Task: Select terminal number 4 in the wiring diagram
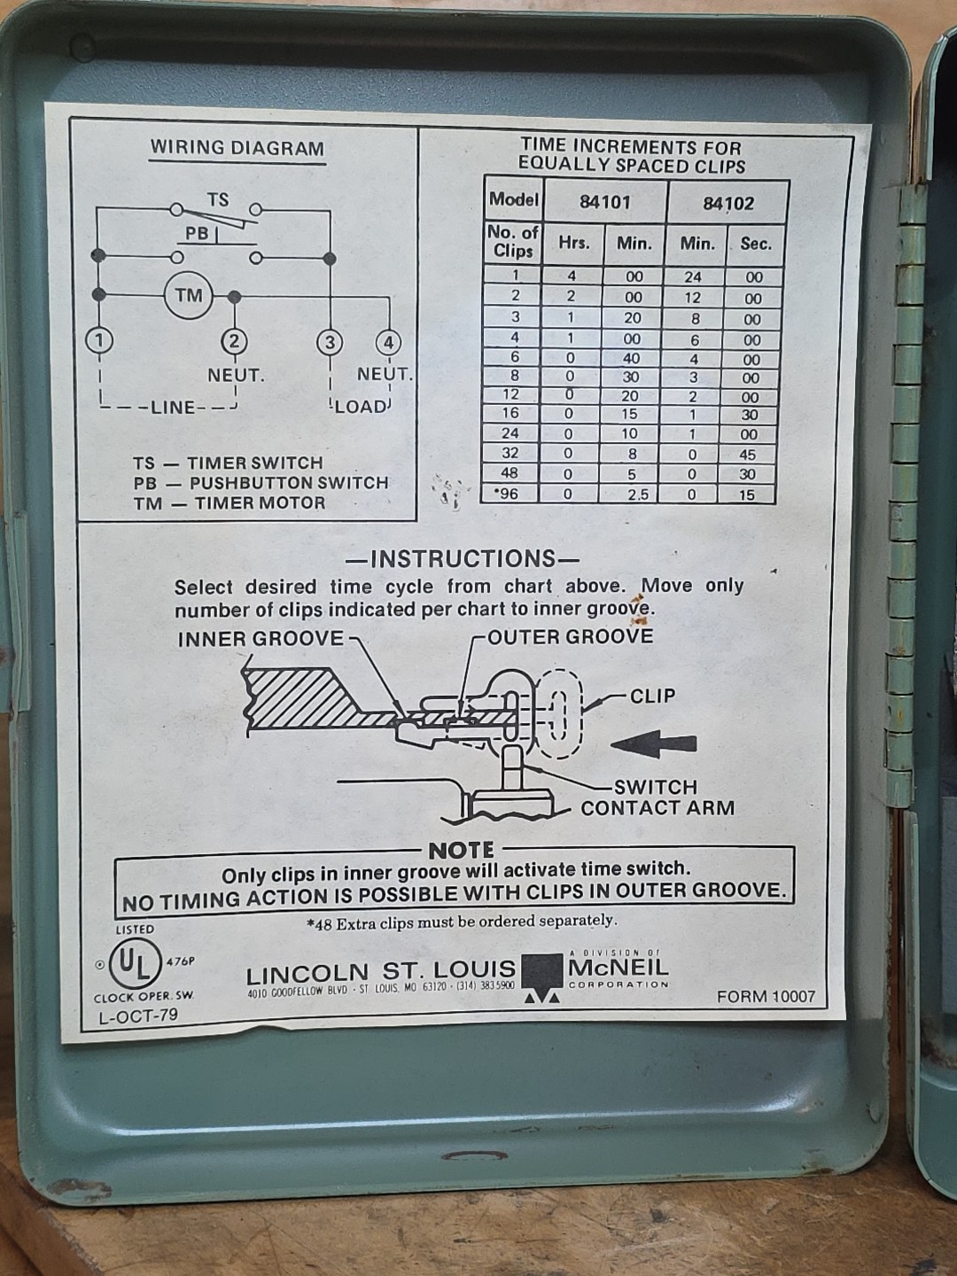pyautogui.click(x=388, y=343)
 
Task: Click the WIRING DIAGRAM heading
pyautogui.click(x=237, y=148)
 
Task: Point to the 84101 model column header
pyautogui.click(x=605, y=202)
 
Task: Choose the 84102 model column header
pyautogui.click(x=728, y=204)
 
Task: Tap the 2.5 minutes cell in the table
pyautogui.click(x=637, y=494)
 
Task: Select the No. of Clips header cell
pyautogui.click(x=512, y=242)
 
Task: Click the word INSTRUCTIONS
pyautogui.click(x=463, y=558)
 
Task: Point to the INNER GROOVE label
pyautogui.click(x=261, y=639)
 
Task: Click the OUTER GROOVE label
pyautogui.click(x=571, y=636)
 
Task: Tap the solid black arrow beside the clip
pyautogui.click(x=653, y=744)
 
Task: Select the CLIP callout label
pyautogui.click(x=652, y=696)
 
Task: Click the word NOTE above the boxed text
pyautogui.click(x=462, y=851)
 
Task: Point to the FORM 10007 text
pyautogui.click(x=766, y=997)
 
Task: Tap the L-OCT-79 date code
pyautogui.click(x=139, y=1015)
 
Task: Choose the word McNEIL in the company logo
pyautogui.click(x=619, y=968)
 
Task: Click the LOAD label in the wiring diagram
pyautogui.click(x=361, y=407)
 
